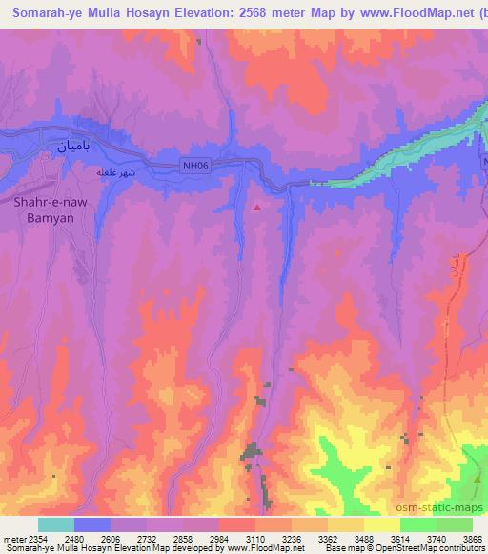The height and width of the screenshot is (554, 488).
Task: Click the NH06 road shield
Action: [195, 166]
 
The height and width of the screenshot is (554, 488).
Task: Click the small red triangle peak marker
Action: [257, 206]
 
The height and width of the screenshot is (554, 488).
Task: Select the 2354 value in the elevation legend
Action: [35, 538]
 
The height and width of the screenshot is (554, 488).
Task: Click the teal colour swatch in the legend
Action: [55, 524]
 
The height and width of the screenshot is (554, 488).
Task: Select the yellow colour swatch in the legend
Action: [381, 524]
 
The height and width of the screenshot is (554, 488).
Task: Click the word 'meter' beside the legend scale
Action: [11, 538]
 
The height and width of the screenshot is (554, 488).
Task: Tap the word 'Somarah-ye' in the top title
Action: [50, 13]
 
